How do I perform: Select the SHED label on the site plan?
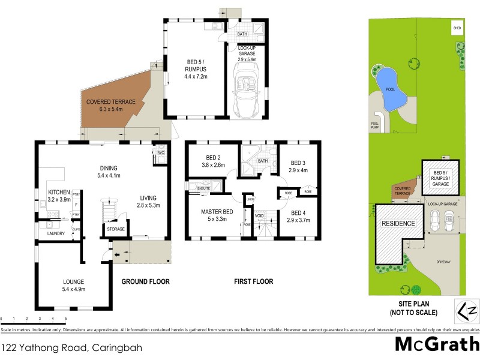[x=457, y=28]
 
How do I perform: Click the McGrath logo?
[x=437, y=344]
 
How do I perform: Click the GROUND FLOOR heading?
[x=146, y=281]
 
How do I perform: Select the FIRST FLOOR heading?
[x=253, y=281]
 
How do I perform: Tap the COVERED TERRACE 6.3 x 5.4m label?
[x=111, y=106]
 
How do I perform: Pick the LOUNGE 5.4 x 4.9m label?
[x=74, y=286]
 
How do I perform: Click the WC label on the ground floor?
[x=161, y=153]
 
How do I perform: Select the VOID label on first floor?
[x=259, y=215]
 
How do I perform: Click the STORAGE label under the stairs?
[x=116, y=229]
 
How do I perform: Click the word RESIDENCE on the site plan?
[x=399, y=224]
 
